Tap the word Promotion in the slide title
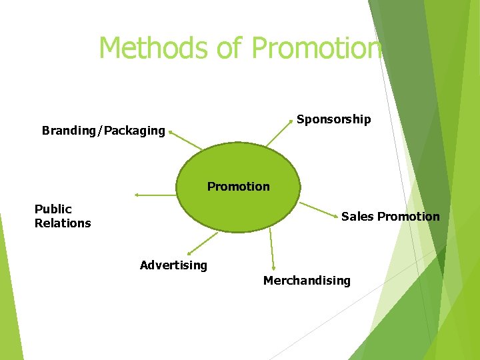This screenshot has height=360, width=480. (317, 48)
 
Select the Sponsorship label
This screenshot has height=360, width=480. (333, 119)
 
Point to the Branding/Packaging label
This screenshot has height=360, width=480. (103, 131)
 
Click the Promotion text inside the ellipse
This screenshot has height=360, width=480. (238, 187)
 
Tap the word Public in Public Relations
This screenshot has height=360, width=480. (53, 209)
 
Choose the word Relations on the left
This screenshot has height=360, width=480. (63, 223)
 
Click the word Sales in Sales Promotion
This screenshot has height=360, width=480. (357, 217)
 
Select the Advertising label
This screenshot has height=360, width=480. (173, 265)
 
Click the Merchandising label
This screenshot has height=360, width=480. (307, 281)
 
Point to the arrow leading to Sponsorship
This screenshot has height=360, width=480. (279, 133)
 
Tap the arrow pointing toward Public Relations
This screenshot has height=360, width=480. (155, 195)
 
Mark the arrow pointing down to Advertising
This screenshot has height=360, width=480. (203, 243)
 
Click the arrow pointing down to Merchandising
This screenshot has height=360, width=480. (272, 250)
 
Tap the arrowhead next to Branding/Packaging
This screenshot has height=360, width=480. (171, 133)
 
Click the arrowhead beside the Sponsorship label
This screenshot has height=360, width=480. (291, 121)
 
